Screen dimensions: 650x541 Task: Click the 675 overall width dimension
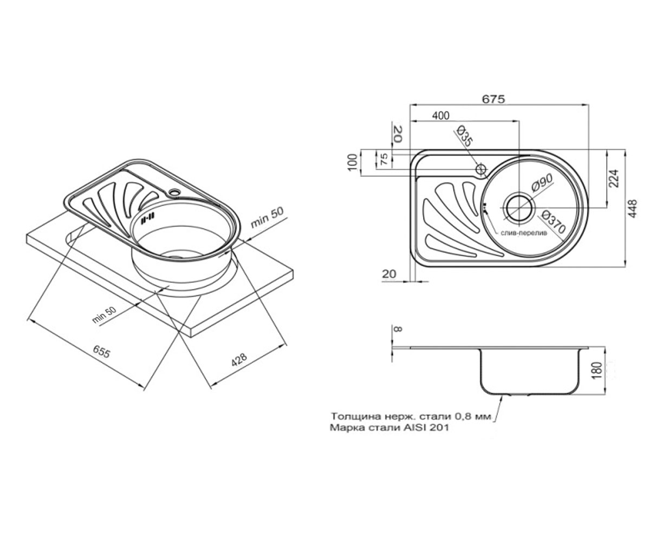[493, 98]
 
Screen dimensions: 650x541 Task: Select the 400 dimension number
[441, 116]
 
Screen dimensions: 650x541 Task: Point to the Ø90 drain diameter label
[542, 183]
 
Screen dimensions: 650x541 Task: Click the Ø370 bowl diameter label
[553, 222]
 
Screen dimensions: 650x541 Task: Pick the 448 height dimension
[633, 208]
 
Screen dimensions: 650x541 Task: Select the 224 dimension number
[613, 178]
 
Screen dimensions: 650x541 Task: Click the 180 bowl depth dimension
[597, 370]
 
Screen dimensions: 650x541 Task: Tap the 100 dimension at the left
[353, 162]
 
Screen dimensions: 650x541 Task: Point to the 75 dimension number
[384, 160]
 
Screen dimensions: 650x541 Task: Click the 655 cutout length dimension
[101, 352]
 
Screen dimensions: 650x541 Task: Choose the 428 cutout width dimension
[239, 360]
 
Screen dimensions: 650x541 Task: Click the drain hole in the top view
[518, 208]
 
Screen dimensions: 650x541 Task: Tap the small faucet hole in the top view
[480, 169]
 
